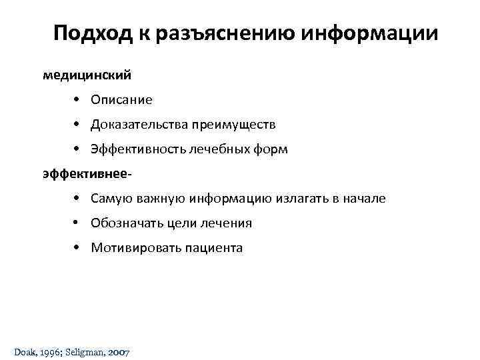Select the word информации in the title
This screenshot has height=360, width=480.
[370, 33]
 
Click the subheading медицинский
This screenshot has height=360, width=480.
[87, 75]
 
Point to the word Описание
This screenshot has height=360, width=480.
[121, 100]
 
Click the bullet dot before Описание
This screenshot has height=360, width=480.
[78, 100]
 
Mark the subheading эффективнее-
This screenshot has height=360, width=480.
[87, 174]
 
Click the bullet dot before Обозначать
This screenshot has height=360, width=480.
[78, 223]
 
